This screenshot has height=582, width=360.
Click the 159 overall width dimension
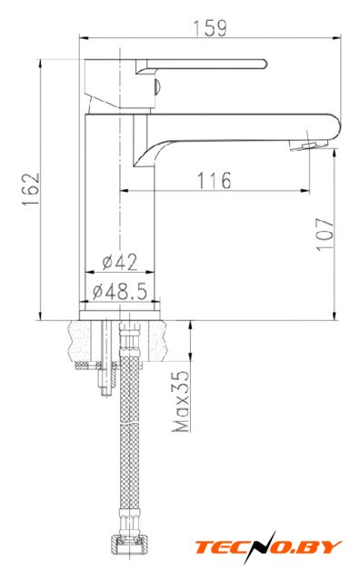click(x=210, y=28)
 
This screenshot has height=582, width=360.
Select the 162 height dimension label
click(x=30, y=190)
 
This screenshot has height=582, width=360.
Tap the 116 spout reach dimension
click(x=214, y=180)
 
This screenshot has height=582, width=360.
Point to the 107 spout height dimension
click(x=325, y=235)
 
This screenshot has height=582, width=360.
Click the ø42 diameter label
click(x=119, y=262)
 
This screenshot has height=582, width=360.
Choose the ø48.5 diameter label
click(x=120, y=291)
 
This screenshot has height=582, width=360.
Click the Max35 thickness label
click(x=180, y=401)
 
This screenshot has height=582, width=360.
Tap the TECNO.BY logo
click(x=268, y=547)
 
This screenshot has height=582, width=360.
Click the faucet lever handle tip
click(x=265, y=64)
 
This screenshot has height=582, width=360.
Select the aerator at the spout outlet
click(x=307, y=145)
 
